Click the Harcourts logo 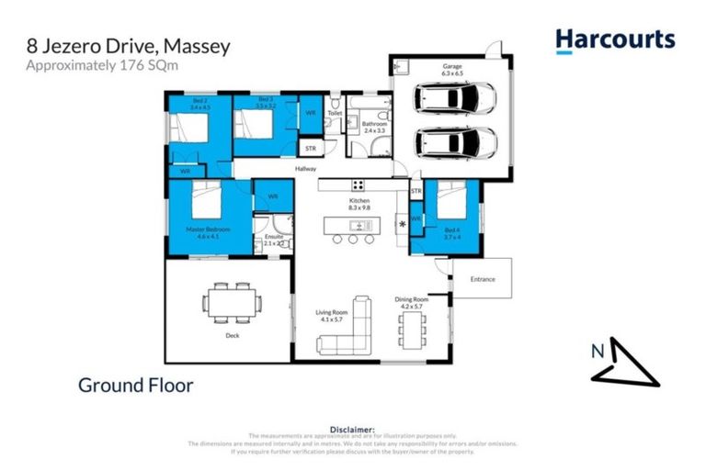(x=614, y=39)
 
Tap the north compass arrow (x=624, y=362)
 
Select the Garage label (x=450, y=66)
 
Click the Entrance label (x=483, y=279)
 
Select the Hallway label (x=305, y=169)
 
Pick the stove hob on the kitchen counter (x=358, y=184)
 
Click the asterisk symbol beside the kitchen (x=403, y=223)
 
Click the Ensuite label (x=274, y=237)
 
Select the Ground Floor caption (x=135, y=386)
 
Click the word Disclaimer (x=353, y=429)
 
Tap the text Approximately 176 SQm (x=87, y=64)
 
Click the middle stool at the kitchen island (x=352, y=238)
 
